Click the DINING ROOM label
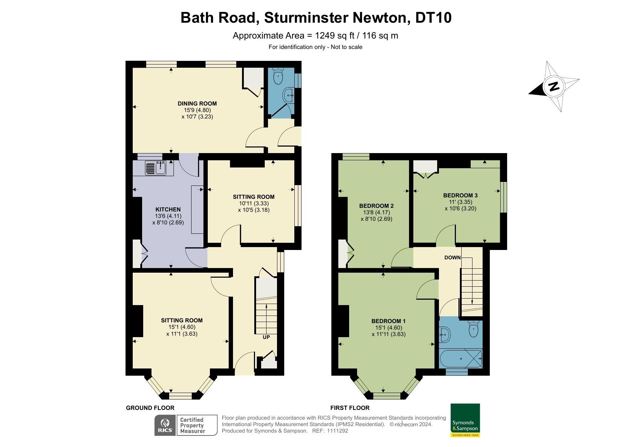(x=197, y=103)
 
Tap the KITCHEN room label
(x=168, y=209)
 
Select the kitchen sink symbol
(x=156, y=168)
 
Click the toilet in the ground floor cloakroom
(x=278, y=76)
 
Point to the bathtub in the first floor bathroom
(x=461, y=358)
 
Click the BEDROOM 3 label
(x=460, y=195)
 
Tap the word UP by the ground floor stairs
(x=266, y=337)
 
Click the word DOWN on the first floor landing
(x=452, y=257)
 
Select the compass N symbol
(x=553, y=86)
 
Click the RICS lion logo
(x=165, y=425)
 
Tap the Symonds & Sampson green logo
(x=465, y=420)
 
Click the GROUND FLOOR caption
(x=150, y=408)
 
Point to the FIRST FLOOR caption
(x=350, y=408)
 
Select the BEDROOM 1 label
(x=388, y=321)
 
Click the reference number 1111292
(x=337, y=430)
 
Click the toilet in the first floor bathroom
(x=473, y=328)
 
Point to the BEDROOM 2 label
(x=376, y=206)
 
